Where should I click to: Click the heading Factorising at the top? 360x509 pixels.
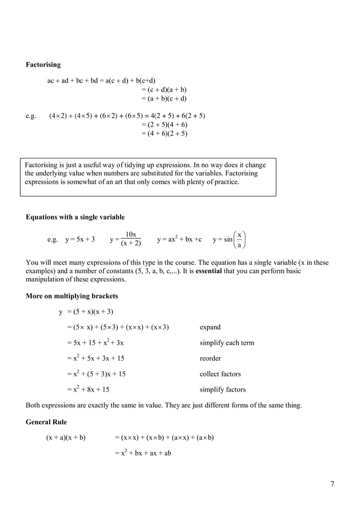tap(43, 65)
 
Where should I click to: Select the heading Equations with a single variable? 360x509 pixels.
tap(75, 217)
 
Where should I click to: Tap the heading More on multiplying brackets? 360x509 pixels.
tap(72, 296)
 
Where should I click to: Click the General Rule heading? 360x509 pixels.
tap(47, 422)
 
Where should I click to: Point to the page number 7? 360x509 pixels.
tap(332, 484)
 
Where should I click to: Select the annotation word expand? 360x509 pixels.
tap(210, 327)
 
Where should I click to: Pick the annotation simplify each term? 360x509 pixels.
tap(227, 343)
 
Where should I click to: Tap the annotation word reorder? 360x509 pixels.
tap(210, 358)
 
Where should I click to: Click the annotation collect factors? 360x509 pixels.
tap(220, 374)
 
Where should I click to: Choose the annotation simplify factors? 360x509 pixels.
tap(222, 389)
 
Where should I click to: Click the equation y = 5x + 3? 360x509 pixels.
tap(80, 239)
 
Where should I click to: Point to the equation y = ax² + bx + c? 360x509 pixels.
tap(179, 239)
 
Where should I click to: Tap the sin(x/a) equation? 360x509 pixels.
tap(230, 239)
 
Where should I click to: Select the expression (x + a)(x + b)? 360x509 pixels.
tap(65, 437)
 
